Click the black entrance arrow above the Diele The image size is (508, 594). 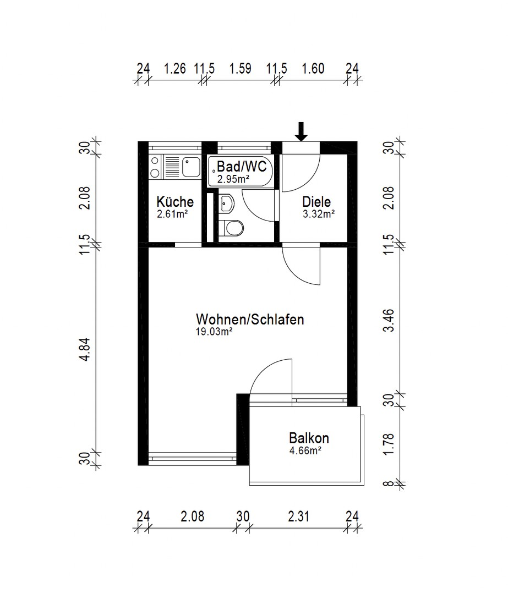(302, 132)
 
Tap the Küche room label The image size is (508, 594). (175, 201)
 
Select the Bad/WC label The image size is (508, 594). (242, 166)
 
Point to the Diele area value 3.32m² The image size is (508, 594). (319, 214)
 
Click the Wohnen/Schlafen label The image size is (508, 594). (250, 320)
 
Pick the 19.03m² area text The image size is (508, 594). (214, 332)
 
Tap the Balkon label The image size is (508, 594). (309, 438)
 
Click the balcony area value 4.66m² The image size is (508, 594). (305, 451)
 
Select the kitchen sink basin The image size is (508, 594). (191, 167)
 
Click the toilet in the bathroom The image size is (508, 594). (232, 228)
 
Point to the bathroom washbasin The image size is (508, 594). (227, 204)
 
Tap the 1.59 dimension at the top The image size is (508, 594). (241, 69)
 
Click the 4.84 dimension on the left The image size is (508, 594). (85, 349)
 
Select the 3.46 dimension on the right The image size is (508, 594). (389, 321)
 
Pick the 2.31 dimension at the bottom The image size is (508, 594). (299, 516)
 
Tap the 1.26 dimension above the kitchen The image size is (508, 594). (175, 69)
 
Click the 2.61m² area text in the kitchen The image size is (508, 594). (172, 214)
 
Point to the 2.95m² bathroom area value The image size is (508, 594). (233, 179)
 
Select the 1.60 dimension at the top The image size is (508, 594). (313, 69)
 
